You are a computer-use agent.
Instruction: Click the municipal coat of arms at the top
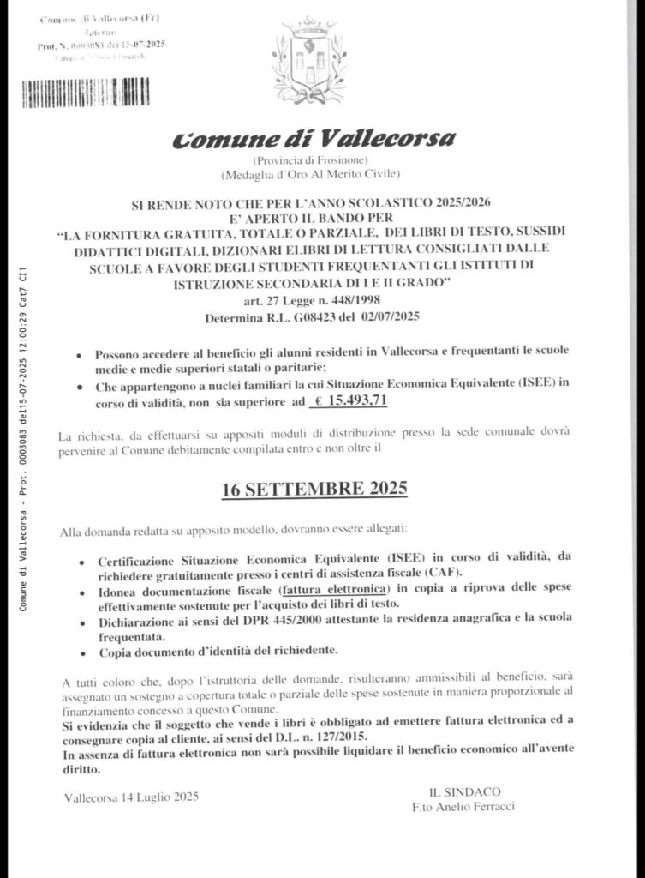click(x=308, y=61)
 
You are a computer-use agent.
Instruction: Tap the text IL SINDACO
click(x=465, y=791)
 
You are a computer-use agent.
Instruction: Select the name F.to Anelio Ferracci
click(x=465, y=807)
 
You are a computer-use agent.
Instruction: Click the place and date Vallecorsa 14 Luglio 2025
click(x=131, y=797)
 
